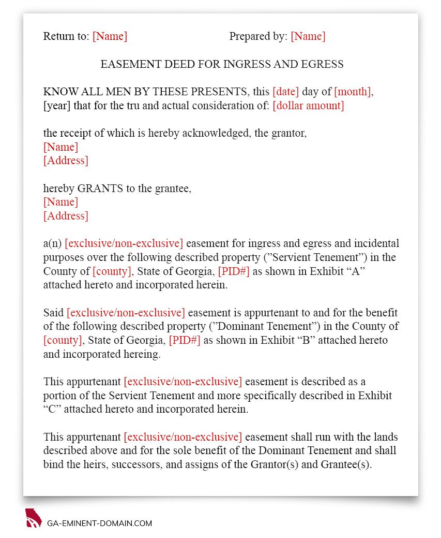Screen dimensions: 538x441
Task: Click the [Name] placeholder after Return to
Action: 110,36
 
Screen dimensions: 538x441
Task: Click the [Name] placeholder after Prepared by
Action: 308,36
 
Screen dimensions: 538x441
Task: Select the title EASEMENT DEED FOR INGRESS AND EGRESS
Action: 222,64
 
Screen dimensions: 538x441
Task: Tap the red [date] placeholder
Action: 285,92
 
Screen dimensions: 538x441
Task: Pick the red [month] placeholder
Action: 352,92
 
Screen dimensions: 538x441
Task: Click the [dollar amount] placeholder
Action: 308,106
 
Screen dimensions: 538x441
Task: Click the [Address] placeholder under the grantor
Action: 66,161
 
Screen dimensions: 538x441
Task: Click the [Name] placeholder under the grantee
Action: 60,202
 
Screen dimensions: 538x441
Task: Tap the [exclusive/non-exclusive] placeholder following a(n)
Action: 124,243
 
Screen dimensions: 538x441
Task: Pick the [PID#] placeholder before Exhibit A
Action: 234,271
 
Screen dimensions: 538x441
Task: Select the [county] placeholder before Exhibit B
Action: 63,341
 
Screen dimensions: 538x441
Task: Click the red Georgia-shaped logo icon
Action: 33,518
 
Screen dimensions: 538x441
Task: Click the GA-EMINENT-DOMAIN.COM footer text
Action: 99,524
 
